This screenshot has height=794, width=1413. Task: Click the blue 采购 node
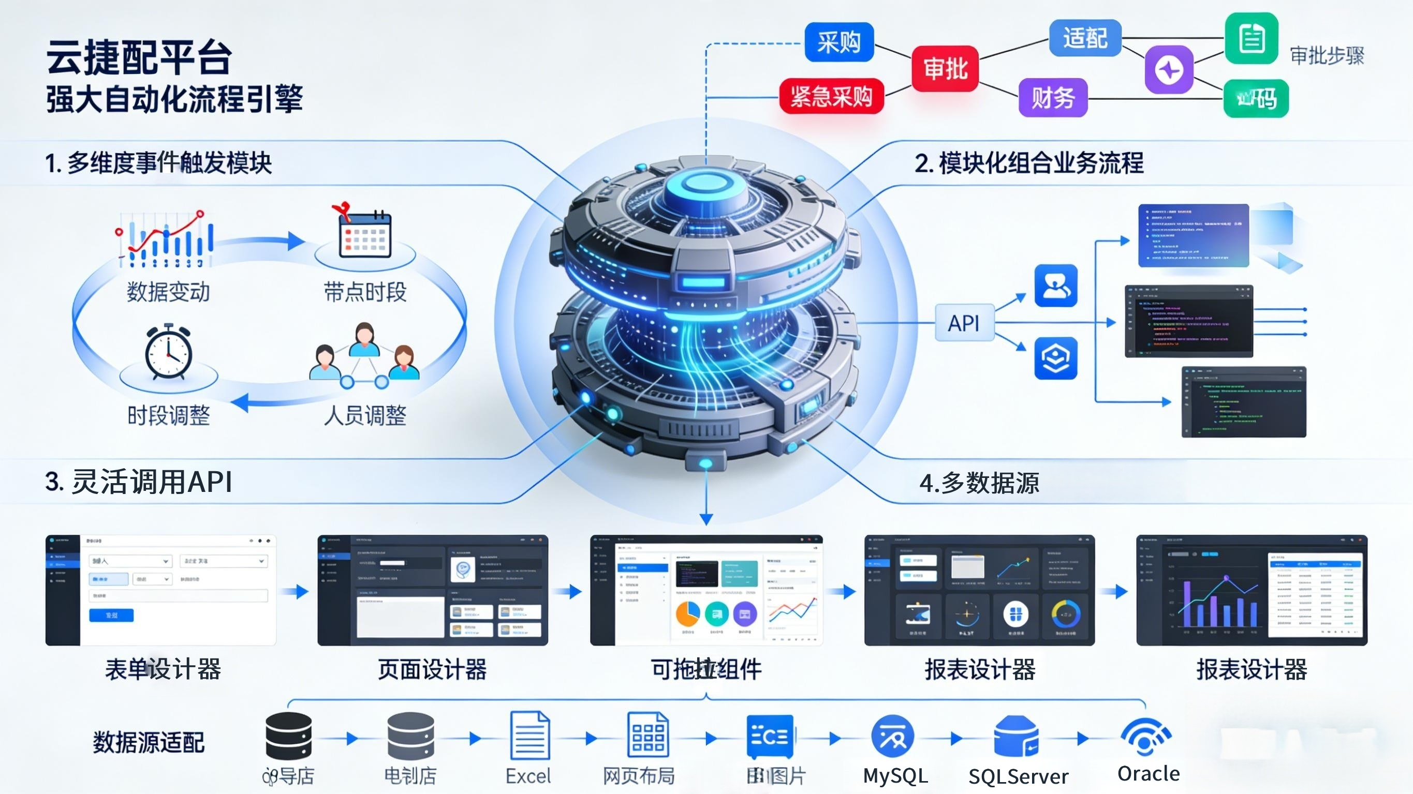tap(838, 42)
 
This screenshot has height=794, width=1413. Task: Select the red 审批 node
tap(945, 69)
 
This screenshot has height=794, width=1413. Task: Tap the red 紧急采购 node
tap(831, 97)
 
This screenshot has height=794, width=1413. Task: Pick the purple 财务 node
tap(1053, 98)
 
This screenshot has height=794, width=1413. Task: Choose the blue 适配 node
tap(1084, 38)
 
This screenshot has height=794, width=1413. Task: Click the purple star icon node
tap(1169, 70)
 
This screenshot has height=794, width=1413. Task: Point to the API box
tap(964, 323)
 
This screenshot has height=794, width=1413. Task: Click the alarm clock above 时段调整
tap(168, 352)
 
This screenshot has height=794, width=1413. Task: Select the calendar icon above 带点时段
tap(364, 235)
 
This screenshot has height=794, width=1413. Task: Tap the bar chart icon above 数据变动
tap(165, 240)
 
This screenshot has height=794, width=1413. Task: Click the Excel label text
tap(528, 776)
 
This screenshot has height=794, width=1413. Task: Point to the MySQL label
tap(895, 776)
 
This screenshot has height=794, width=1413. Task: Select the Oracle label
tap(1149, 774)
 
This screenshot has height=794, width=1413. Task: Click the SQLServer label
tap(1018, 776)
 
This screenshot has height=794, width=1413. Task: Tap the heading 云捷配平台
tap(139, 56)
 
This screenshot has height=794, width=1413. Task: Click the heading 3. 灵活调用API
tap(139, 482)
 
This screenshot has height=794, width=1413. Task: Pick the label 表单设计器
tap(163, 669)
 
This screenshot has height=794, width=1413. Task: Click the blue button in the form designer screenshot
tap(111, 615)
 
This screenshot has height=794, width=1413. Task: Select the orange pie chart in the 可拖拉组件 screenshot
tap(687, 613)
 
